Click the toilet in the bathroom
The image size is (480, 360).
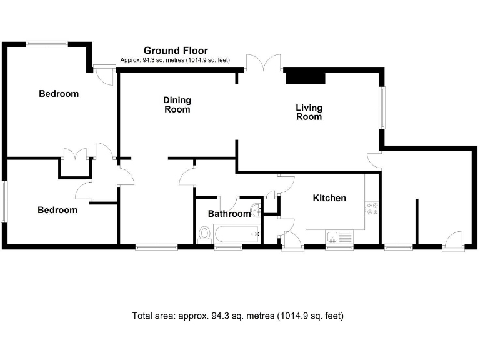(204, 234)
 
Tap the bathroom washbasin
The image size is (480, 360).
(256, 209)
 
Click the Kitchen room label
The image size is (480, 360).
(329, 198)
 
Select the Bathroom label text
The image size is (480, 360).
(229, 214)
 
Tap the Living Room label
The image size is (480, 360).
(309, 112)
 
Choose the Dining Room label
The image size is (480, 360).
(177, 104)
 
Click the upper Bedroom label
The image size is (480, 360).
(59, 94)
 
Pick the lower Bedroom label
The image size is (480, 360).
(57, 210)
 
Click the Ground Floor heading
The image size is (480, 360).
(176, 51)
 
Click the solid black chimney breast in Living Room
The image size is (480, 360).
(306, 76)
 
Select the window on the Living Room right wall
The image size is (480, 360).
(383, 107)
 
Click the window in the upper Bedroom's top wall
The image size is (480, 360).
(47, 44)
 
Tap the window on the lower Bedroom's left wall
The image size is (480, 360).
(4, 201)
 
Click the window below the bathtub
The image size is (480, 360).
(228, 247)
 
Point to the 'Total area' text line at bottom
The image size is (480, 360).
(237, 316)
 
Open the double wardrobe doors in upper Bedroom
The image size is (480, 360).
(76, 154)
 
